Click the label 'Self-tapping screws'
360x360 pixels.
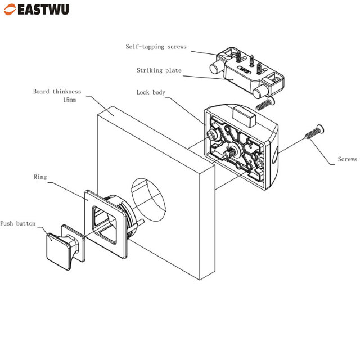tap(156, 47)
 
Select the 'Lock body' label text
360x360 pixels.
tap(151, 92)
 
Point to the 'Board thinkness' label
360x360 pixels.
tap(57, 91)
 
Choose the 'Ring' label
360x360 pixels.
tap(40, 177)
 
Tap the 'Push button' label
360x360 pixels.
tap(17, 223)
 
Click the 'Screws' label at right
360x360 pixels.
tap(347, 159)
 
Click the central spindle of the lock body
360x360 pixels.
tap(231, 150)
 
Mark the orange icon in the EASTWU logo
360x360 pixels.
tap(10, 10)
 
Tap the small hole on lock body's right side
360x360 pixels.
tap(276, 151)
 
